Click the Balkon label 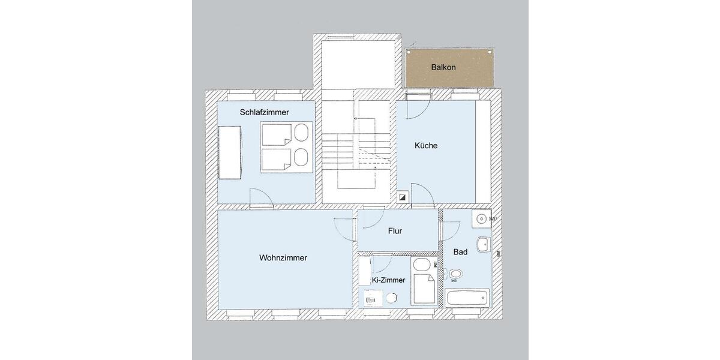[443, 67]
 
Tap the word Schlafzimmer [264, 112]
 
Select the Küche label [426, 145]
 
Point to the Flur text [395, 231]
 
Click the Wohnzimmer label [283, 258]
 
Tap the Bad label [460, 252]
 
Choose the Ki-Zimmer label [388, 280]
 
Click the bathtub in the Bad [467, 298]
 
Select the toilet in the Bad [455, 275]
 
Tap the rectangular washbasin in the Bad [483, 244]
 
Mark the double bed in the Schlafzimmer [286, 148]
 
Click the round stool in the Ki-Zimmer [392, 298]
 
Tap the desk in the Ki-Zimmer [370, 298]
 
